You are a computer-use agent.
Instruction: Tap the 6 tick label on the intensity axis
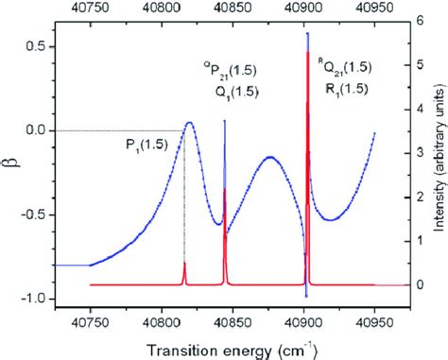(x=417, y=21)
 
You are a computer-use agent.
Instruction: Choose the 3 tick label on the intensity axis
(x=417, y=152)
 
